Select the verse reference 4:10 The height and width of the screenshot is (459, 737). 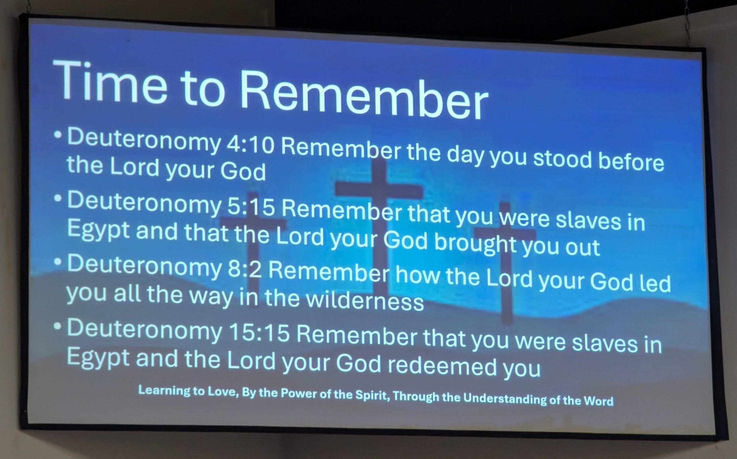click(250, 145)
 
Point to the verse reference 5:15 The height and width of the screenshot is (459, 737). click(251, 208)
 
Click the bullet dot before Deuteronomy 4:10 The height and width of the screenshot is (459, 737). click(58, 134)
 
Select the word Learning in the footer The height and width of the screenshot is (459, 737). click(164, 390)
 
